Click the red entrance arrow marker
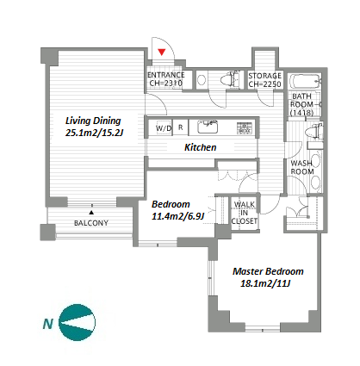pos(162,52)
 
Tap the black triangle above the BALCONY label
pos(91,213)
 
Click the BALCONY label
pos(91,223)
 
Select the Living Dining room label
pos(94,127)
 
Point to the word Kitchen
pos(200,147)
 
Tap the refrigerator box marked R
pos(180,127)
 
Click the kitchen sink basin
pos(208,127)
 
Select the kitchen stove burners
pos(245,127)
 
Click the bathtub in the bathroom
pos(305,82)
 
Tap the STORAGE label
pos(264,76)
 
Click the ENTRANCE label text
pos(166,75)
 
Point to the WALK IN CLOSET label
pos(245,213)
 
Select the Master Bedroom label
pos(268,271)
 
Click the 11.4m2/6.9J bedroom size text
pos(177,216)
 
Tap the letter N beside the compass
pos(47,324)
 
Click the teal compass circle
pos(77,322)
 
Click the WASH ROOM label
pos(302,167)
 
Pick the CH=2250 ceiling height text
pos(264,84)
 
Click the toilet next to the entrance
pos(229,79)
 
